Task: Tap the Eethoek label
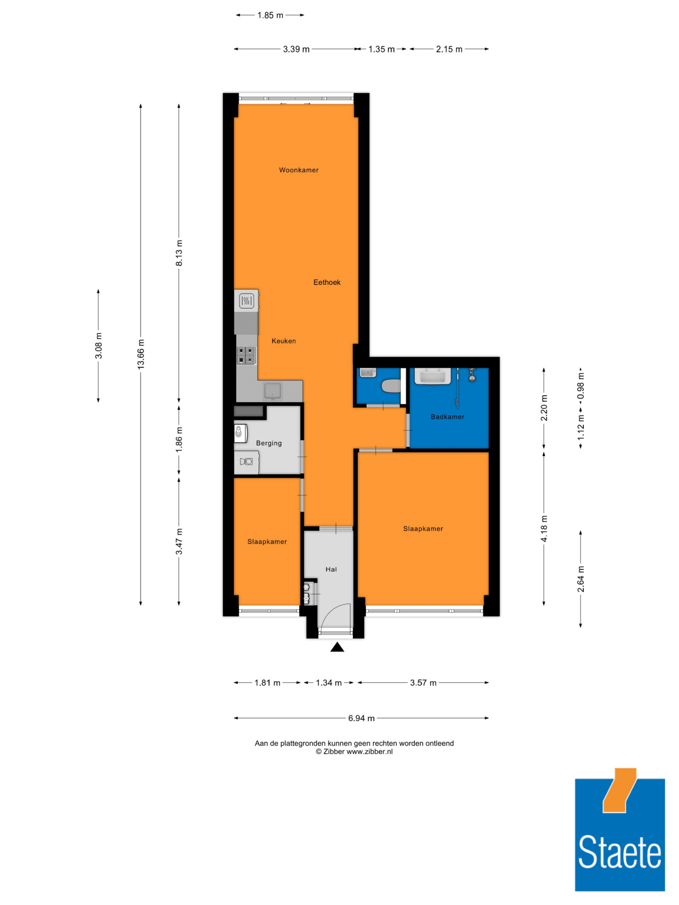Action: click(327, 282)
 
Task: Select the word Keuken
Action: click(283, 341)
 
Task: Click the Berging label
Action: click(269, 443)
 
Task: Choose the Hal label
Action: click(331, 569)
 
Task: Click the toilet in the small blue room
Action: click(390, 386)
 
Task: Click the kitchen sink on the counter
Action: click(273, 391)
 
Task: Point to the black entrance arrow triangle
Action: click(337, 646)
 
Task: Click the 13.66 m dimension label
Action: click(141, 354)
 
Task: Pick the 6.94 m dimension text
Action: click(361, 718)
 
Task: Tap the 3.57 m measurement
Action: click(423, 682)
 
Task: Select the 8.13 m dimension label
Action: click(179, 253)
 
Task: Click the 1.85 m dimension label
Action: click(270, 15)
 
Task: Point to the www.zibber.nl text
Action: click(369, 752)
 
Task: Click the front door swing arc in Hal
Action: click(336, 609)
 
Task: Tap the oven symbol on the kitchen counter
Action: click(246, 301)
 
